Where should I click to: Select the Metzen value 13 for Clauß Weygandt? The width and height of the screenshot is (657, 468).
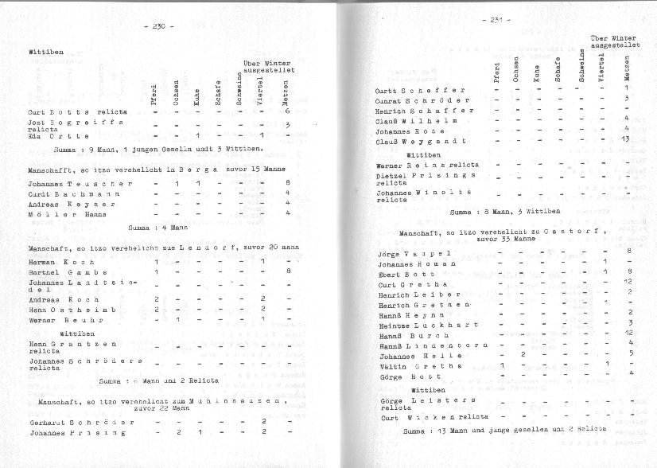click(x=627, y=140)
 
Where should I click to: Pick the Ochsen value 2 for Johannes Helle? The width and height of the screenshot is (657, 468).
click(x=521, y=354)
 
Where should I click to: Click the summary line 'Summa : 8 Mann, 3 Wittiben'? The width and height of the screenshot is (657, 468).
click(x=504, y=213)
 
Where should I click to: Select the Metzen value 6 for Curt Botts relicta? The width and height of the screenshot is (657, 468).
click(x=286, y=112)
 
